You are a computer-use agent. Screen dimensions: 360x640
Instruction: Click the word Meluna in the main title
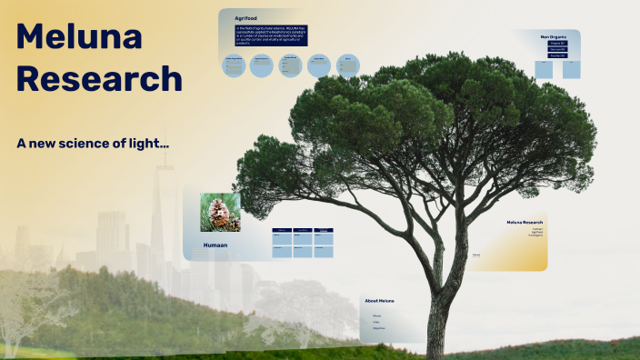pyautogui.click(x=79, y=36)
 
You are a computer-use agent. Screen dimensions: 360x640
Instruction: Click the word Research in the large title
pyautogui.click(x=99, y=78)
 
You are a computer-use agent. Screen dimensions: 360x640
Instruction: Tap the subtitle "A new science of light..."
pyautogui.click(x=93, y=143)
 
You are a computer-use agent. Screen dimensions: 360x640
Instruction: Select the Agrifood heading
pyautogui.click(x=245, y=18)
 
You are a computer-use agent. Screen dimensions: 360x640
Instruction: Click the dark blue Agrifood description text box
pyautogui.click(x=271, y=36)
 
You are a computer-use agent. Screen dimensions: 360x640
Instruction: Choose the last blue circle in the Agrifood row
pyautogui.click(x=347, y=65)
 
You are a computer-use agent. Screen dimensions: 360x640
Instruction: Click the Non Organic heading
pyautogui.click(x=553, y=36)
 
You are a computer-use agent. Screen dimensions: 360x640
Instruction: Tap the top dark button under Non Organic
pyautogui.click(x=556, y=43)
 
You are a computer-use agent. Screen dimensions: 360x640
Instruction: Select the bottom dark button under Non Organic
pyautogui.click(x=556, y=55)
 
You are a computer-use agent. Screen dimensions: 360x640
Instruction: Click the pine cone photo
pyautogui.click(x=220, y=211)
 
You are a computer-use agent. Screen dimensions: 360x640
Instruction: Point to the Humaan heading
pyautogui.click(x=215, y=245)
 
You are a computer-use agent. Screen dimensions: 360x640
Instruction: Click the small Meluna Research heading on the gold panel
pyautogui.click(x=525, y=222)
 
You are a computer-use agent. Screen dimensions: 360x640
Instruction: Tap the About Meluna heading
pyautogui.click(x=379, y=300)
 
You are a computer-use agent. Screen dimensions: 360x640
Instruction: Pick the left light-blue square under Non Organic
pyautogui.click(x=544, y=69)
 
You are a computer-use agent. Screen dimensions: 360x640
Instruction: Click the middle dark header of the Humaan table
pyautogui.click(x=302, y=230)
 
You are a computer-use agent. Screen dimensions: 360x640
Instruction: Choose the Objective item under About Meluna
pyautogui.click(x=378, y=327)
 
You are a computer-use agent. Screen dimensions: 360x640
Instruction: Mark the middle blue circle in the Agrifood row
pyautogui.click(x=290, y=65)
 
